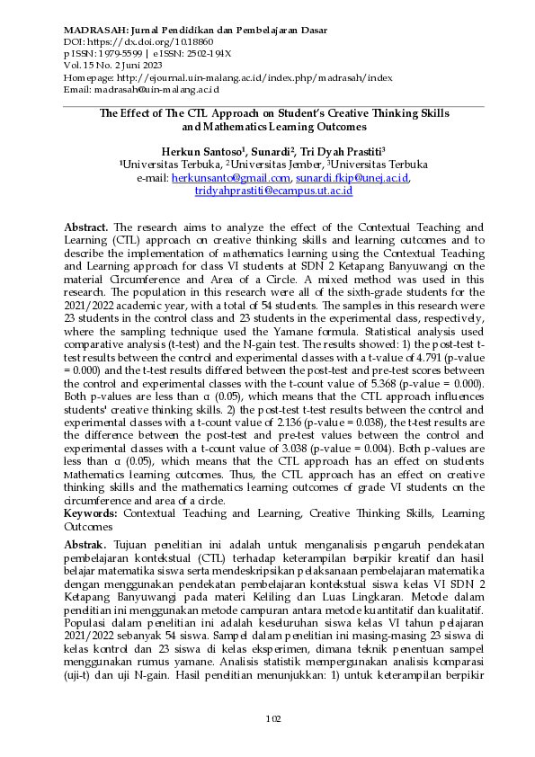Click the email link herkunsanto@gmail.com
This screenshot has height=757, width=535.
227,178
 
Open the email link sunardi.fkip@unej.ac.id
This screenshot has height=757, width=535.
353,178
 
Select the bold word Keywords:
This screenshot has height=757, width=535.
91,513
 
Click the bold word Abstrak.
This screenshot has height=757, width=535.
85,545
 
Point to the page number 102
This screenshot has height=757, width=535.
273,717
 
